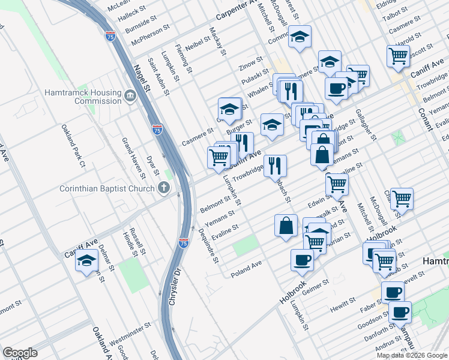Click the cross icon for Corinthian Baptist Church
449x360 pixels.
pos(163,188)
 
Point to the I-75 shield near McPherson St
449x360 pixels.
pos(110,36)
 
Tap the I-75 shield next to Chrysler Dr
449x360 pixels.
pos(184,243)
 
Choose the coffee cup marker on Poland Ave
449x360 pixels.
pos(302,259)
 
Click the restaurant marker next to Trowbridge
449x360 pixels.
pos(275,164)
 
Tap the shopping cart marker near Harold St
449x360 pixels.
pos(399,56)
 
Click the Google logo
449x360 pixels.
pos(20,352)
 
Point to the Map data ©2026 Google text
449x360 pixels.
pos(412,355)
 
